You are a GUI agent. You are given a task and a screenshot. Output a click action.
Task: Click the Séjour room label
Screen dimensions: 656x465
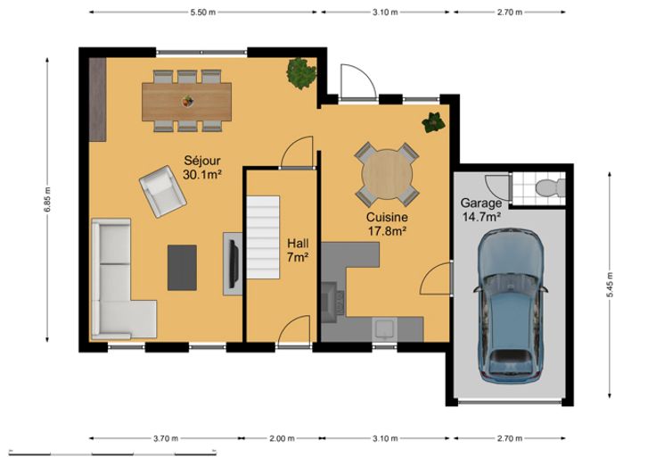click(x=202, y=167)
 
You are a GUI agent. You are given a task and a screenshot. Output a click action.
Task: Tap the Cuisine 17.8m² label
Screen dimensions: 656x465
click(x=387, y=224)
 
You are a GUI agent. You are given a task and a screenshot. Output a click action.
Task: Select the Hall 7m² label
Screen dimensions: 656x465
click(x=298, y=251)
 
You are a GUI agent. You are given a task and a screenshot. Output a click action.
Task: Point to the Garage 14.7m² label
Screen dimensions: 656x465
click(x=481, y=210)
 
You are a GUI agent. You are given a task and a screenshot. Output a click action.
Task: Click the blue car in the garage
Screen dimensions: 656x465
click(x=510, y=305)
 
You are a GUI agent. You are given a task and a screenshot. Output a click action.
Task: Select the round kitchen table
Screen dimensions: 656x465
click(x=387, y=174)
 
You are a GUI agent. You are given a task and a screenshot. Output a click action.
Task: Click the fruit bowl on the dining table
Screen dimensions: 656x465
click(x=187, y=101)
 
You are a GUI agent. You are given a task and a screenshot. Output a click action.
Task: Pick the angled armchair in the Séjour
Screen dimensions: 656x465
click(x=163, y=192)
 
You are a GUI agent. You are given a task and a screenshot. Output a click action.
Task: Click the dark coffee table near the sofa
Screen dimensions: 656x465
click(x=182, y=268)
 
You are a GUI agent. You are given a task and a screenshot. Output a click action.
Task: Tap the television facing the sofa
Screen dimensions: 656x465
click(x=234, y=264)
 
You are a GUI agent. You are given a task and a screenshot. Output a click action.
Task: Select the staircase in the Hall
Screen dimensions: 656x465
click(x=263, y=237)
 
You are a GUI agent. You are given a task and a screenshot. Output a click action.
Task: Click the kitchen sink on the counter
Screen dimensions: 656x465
click(x=385, y=328)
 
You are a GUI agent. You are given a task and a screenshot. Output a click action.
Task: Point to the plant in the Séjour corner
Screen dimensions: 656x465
click(x=300, y=73)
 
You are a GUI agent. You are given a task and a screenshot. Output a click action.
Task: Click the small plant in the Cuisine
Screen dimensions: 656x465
click(x=433, y=123)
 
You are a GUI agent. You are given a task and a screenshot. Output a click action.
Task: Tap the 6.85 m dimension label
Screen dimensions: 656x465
click(x=47, y=199)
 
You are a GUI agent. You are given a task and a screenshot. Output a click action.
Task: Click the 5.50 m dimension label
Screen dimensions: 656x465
click(x=203, y=12)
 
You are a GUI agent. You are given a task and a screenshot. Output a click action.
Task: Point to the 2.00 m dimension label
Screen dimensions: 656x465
click(x=282, y=438)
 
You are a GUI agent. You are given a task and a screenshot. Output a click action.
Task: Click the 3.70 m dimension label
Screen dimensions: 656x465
click(x=165, y=438)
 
